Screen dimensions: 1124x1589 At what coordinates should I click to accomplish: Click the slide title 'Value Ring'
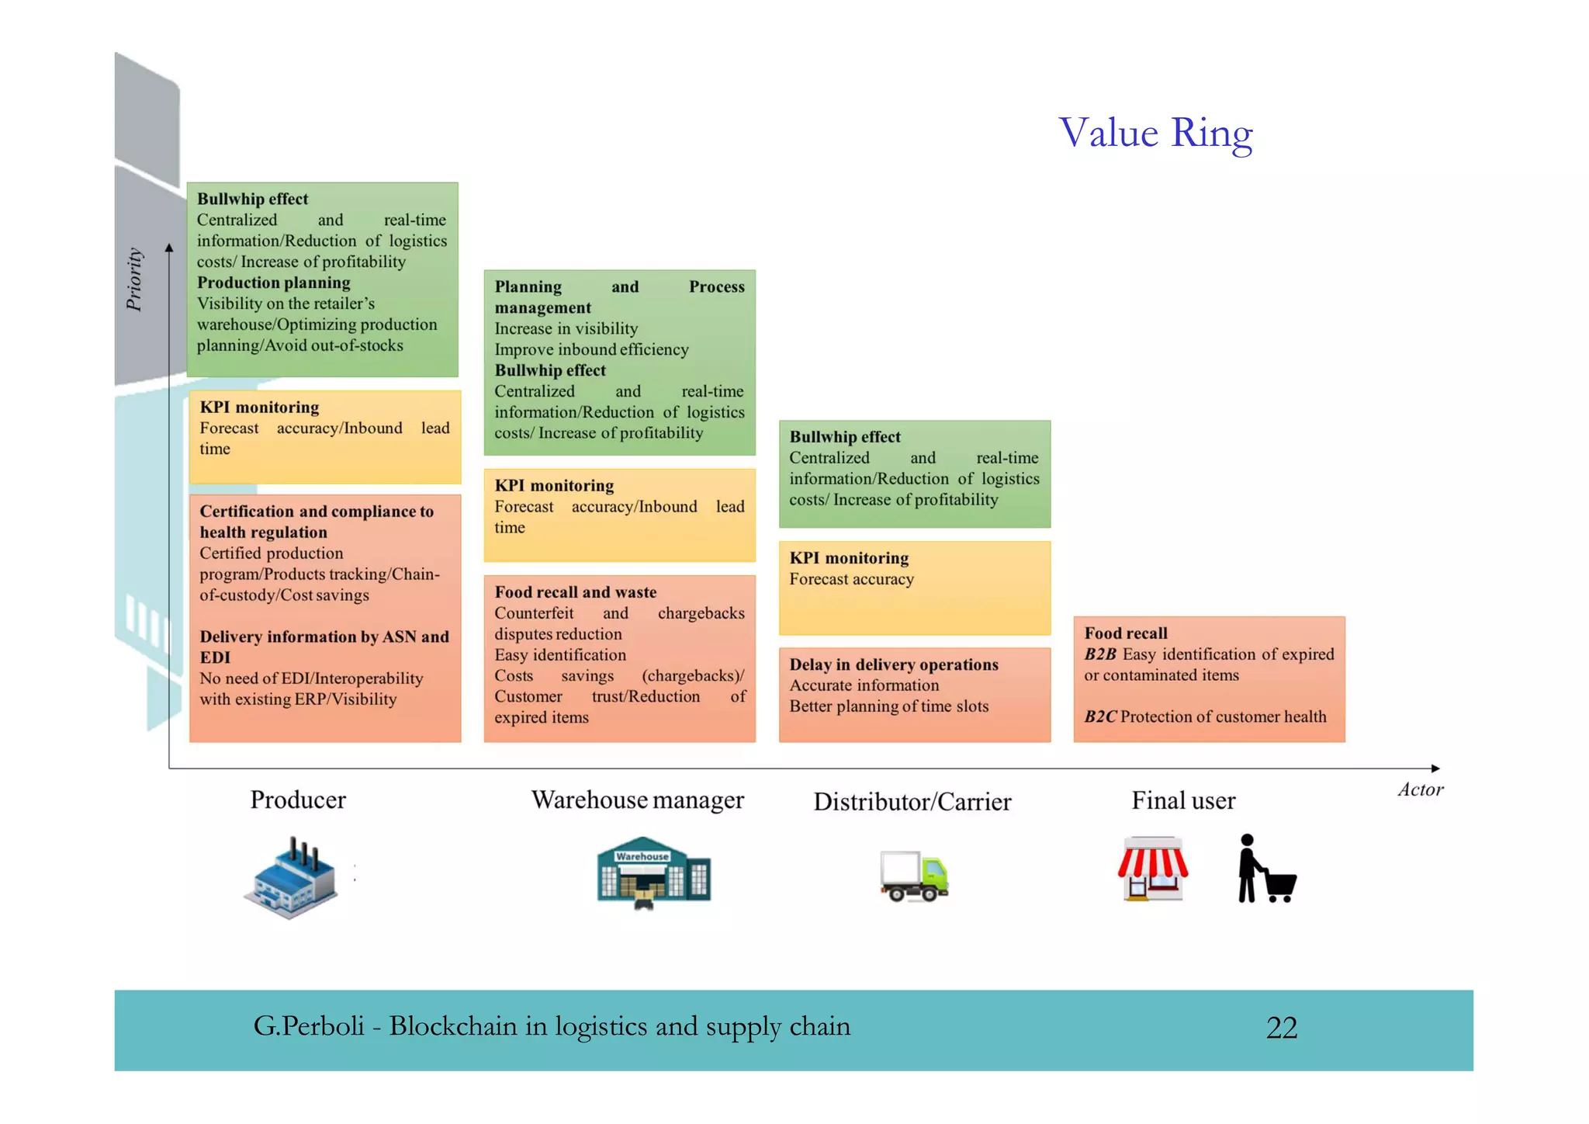[1155, 133]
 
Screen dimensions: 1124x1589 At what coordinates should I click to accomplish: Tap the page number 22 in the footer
[1281, 1028]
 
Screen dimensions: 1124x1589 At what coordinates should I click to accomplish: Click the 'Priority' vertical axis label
[134, 279]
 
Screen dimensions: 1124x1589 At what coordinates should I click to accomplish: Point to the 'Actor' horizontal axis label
[1420, 789]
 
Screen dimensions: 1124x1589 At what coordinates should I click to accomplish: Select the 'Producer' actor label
[298, 800]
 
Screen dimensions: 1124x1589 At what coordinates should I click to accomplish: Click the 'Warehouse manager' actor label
[637, 800]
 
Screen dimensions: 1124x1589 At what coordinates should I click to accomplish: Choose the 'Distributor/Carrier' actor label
[912, 801]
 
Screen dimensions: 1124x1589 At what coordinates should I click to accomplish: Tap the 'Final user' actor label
[1182, 800]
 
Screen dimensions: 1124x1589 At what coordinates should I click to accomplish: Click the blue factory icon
[291, 877]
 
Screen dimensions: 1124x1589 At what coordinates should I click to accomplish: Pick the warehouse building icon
[653, 872]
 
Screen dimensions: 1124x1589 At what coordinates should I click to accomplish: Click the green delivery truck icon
[914, 876]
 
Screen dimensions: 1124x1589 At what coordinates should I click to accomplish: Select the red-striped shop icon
[1152, 869]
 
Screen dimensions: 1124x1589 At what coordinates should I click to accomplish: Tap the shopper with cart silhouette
[1265, 869]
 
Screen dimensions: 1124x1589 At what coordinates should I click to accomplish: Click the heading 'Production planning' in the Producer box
[273, 283]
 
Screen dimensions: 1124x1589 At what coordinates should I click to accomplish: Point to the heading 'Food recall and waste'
[575, 592]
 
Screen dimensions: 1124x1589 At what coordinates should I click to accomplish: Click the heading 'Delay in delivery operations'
[894, 664]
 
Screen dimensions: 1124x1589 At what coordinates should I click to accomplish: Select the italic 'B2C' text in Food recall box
[1100, 716]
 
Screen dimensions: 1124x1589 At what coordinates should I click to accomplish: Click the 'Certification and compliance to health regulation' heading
[316, 522]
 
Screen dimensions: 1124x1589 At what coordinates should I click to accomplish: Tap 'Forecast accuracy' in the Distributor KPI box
[851, 579]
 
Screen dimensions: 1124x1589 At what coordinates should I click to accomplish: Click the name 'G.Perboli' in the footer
[308, 1026]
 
